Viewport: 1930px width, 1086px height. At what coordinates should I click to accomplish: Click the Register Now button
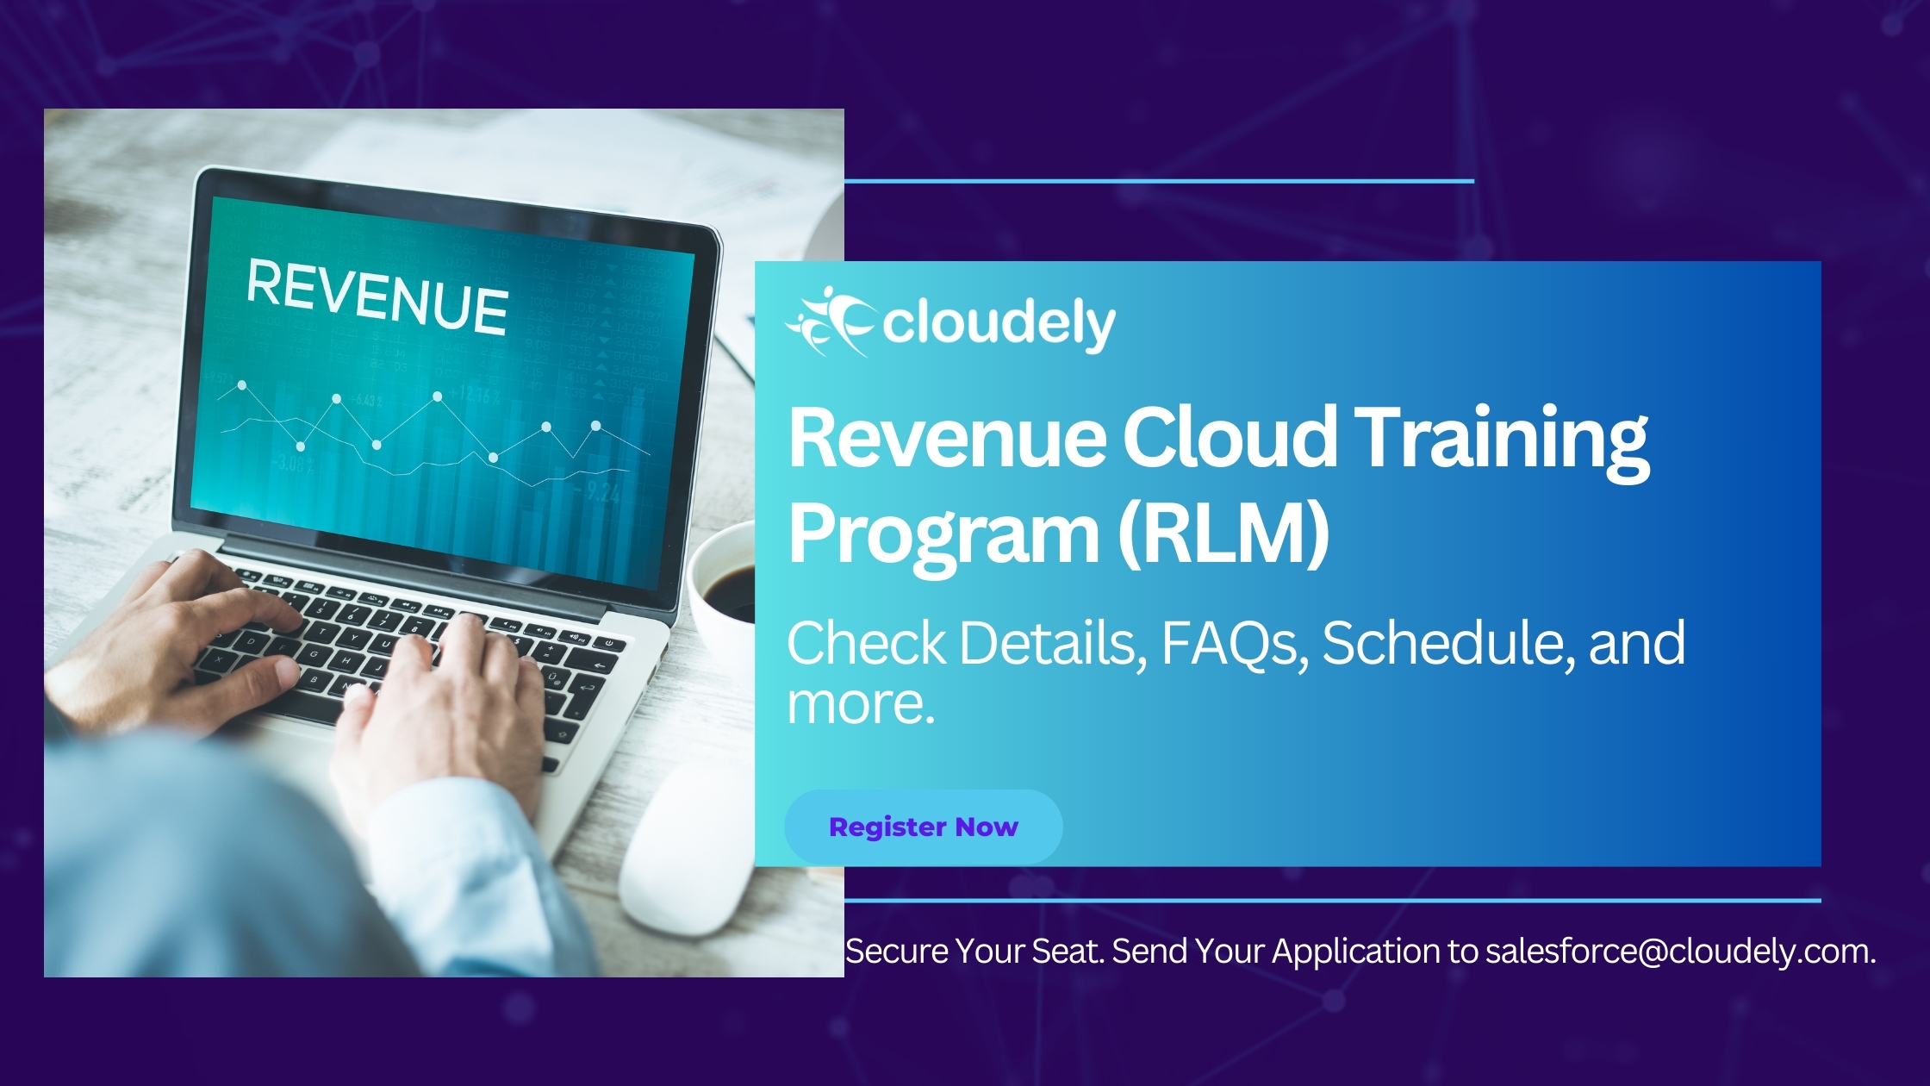[x=924, y=827]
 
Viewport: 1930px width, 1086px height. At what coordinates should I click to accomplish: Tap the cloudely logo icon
[x=831, y=321]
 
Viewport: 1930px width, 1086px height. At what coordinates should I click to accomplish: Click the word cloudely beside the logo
[x=999, y=325]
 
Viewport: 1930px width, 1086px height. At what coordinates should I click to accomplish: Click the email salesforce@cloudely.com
[x=1680, y=952]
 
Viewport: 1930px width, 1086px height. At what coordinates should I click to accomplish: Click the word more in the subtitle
[x=861, y=705]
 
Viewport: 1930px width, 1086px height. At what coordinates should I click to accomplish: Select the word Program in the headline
[x=944, y=535]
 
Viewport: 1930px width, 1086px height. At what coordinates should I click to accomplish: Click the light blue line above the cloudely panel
[x=1159, y=181]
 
